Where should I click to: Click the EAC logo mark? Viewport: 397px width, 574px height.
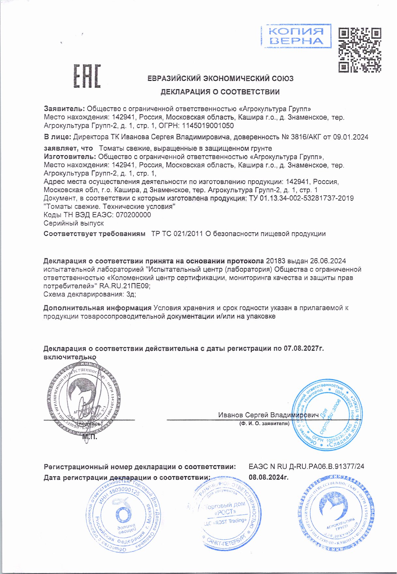[x=87, y=76]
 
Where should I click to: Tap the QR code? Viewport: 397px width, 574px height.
[x=359, y=50]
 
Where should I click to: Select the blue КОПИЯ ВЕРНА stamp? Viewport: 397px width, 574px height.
[x=296, y=36]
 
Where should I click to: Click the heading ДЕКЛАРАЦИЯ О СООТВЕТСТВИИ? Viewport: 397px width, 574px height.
[x=220, y=92]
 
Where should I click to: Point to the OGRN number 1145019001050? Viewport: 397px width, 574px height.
[x=208, y=126]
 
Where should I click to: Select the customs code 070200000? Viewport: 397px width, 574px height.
[x=133, y=215]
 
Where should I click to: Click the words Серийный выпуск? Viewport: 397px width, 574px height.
[x=74, y=223]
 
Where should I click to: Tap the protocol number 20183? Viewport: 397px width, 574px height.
[x=276, y=261]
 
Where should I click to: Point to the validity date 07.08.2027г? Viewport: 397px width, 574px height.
[x=304, y=349]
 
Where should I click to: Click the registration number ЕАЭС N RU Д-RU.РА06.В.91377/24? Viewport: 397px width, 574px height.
[x=306, y=467]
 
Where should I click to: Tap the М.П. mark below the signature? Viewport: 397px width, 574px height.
[x=90, y=437]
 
